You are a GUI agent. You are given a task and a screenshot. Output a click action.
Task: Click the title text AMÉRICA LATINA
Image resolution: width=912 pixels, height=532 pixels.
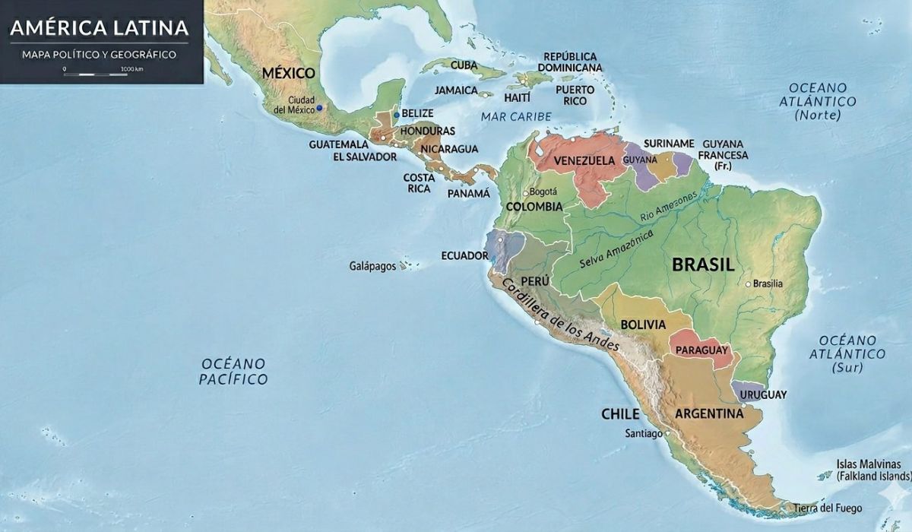click(99, 29)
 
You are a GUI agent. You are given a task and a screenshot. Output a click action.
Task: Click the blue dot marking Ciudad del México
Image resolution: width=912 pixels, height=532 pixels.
click(320, 108)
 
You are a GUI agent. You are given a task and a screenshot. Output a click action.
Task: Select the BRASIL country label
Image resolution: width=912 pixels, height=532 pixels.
click(703, 264)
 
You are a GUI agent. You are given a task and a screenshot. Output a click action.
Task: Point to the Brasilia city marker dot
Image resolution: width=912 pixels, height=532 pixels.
click(748, 284)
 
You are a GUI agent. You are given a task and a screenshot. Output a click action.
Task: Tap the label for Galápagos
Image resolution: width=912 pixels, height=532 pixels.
click(372, 267)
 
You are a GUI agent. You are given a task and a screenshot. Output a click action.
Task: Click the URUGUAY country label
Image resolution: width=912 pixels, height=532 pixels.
click(762, 394)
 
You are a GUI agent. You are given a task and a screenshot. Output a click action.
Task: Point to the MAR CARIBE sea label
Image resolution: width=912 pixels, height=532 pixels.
click(515, 116)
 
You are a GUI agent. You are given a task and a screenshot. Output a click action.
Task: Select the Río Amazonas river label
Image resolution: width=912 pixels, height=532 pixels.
click(668, 207)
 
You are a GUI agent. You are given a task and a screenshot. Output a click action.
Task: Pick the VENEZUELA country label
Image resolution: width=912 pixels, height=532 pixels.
click(584, 160)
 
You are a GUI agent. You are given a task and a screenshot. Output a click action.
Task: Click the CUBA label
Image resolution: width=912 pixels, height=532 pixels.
click(464, 65)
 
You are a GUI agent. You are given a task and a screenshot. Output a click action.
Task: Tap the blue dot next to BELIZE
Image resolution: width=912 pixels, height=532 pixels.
click(395, 114)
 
